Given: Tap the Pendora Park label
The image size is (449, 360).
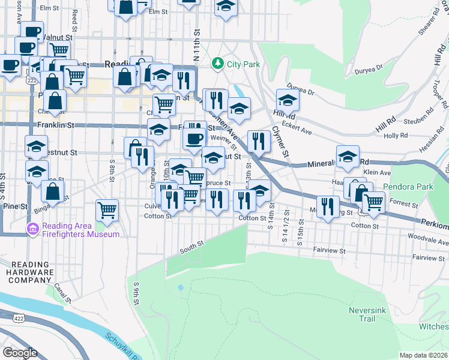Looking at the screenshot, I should [412, 187].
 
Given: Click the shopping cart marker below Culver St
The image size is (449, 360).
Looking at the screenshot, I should [106, 211].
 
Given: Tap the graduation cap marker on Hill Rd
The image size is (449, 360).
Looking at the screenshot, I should [288, 100].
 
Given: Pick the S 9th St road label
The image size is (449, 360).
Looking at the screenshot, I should [137, 295].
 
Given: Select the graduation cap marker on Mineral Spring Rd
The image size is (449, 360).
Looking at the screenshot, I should [348, 157].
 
